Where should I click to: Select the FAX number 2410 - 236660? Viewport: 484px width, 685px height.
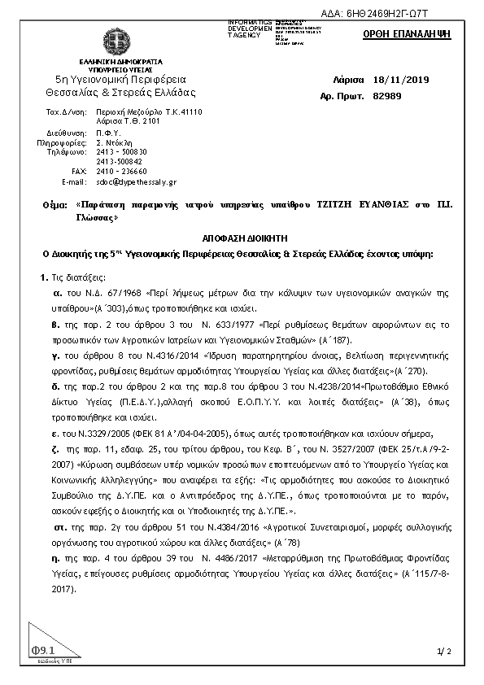click(x=121, y=172)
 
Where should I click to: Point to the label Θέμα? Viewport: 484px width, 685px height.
click(x=55, y=207)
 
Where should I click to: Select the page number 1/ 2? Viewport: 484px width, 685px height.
click(x=443, y=652)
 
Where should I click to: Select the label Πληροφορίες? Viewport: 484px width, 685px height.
click(x=62, y=141)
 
